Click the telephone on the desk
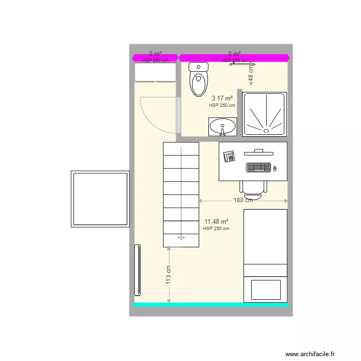coord(229,156)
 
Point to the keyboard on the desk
coord(258,168)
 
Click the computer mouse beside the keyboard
coord(275,168)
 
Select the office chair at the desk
coord(253,188)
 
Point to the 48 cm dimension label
coord(250,73)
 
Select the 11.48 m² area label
coord(216,222)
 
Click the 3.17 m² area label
coord(222,98)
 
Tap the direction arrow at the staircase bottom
coord(181,237)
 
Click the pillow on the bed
coord(265,290)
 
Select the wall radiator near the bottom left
coord(138,270)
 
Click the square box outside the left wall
coord(100,199)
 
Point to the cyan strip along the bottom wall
coord(211,305)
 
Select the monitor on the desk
coord(258,153)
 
